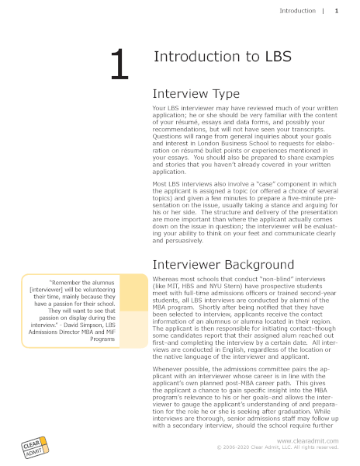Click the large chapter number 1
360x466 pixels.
[x=118, y=64]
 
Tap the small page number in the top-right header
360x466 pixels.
[x=336, y=11]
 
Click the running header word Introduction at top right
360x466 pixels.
[x=297, y=11]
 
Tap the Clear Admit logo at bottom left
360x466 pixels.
[x=34, y=447]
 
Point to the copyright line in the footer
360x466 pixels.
[x=278, y=448]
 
